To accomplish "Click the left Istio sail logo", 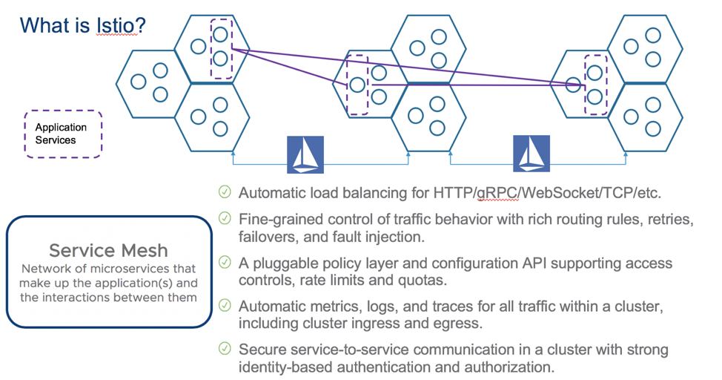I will click(305, 154).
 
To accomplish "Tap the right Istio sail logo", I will click(531, 154).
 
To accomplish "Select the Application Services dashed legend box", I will click(63, 134).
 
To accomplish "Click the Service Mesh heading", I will click(108, 250).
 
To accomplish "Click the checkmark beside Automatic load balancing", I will click(225, 192).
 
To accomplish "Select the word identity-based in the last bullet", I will click(282, 367).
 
